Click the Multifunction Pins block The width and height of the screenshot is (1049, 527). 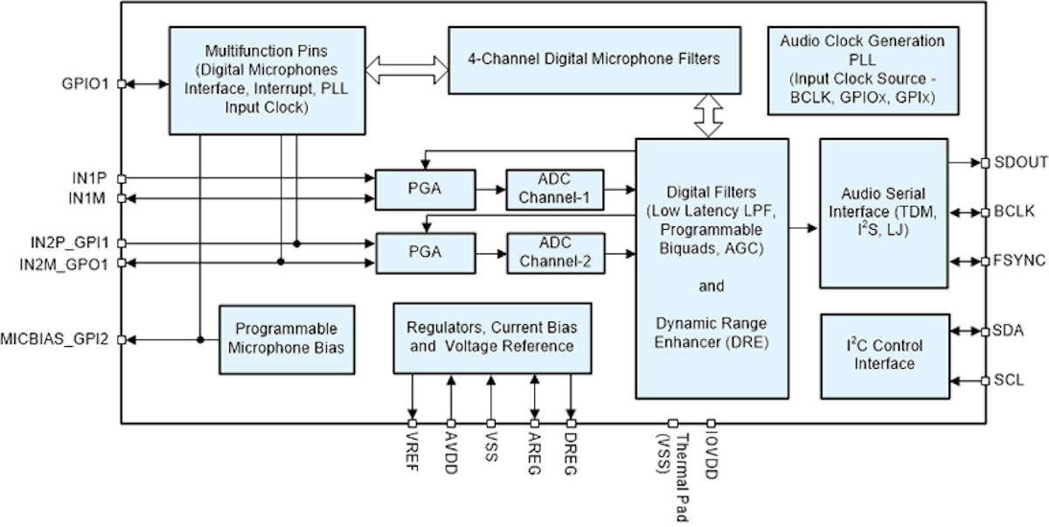click(x=267, y=80)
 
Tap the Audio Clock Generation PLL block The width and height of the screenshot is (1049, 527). click(x=862, y=71)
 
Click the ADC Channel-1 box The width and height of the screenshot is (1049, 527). click(x=554, y=189)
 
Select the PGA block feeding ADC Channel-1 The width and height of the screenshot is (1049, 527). click(x=426, y=189)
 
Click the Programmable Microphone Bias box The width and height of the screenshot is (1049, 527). click(x=287, y=339)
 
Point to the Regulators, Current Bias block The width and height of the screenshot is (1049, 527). click(x=492, y=337)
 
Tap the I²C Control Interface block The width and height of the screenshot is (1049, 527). click(x=884, y=356)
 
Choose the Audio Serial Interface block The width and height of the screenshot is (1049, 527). click(x=884, y=212)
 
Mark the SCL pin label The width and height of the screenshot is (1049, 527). click(x=1008, y=380)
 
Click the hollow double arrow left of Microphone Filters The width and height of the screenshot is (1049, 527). click(x=406, y=69)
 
